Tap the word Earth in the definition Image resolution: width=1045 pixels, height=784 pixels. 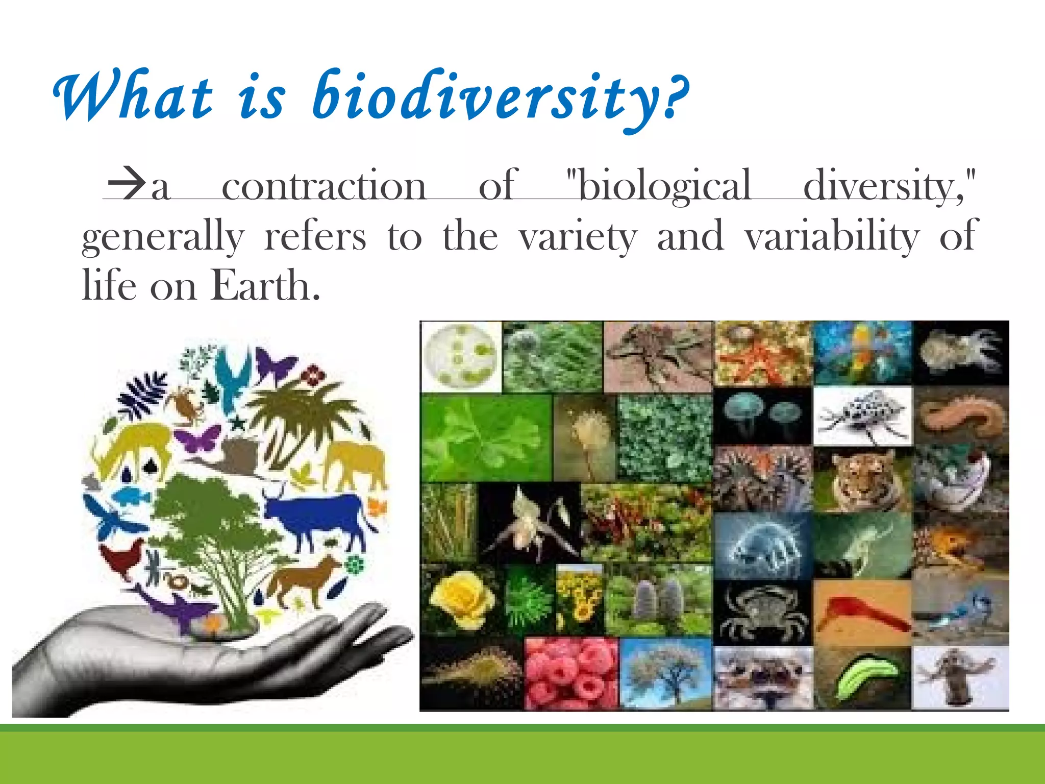pyautogui.click(x=265, y=286)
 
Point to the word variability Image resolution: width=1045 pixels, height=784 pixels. pyautogui.click(x=832, y=236)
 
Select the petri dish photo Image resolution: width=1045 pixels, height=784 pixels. pyautogui.click(x=461, y=356)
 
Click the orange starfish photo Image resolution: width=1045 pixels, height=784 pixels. pyautogui.click(x=762, y=353)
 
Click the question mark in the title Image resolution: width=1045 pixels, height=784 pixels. pyautogui.click(x=675, y=94)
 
